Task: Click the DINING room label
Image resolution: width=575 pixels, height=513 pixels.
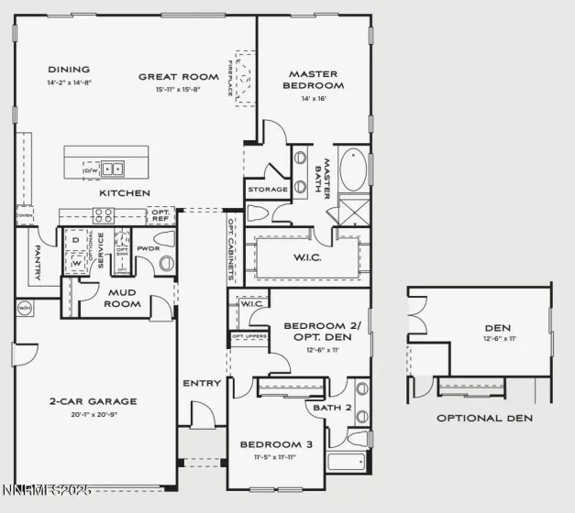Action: coord(69,70)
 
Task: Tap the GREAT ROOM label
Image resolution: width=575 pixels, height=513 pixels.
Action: coord(171,77)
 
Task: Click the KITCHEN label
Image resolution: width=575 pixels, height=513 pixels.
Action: coord(124,193)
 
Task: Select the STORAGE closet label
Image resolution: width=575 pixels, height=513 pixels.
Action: coord(267,190)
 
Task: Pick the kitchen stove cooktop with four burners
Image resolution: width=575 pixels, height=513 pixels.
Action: coord(103,216)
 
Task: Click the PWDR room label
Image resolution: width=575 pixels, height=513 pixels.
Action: coord(148,248)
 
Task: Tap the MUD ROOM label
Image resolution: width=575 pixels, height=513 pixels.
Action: coord(122,298)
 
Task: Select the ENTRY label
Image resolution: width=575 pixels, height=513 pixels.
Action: coord(202,383)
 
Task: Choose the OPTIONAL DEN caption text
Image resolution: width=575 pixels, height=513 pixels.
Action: coord(483,418)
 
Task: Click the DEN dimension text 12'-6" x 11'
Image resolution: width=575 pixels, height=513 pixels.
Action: coord(497,339)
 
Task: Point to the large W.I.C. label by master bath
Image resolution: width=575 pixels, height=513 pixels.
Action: coord(307,257)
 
